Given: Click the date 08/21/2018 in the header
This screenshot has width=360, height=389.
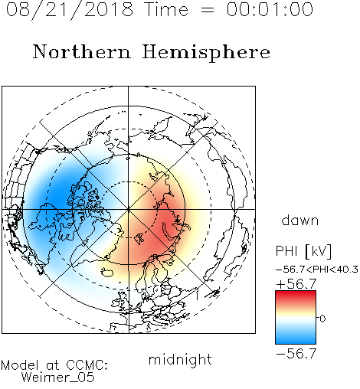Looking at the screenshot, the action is coord(70,10).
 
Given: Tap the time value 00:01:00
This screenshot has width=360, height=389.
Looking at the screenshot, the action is coord(270,9).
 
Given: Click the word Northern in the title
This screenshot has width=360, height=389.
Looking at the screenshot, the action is coord(82,51).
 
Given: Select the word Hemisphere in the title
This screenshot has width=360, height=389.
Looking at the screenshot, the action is coord(206,52).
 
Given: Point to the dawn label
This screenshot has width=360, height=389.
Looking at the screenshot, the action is coord(300,220).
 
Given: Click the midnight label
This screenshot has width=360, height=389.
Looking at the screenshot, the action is coord(180,360).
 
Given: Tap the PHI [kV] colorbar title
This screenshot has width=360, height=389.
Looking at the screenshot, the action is coord(304,251).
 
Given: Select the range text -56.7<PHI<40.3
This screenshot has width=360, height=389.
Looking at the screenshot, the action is coord(317,270).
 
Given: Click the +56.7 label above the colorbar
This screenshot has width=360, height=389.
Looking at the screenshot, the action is coord(296,284).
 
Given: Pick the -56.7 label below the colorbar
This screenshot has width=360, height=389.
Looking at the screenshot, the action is coord(296,354).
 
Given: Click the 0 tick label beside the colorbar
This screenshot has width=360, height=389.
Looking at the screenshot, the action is coord(322,319).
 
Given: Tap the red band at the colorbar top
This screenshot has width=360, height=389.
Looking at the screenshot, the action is coord(296,294).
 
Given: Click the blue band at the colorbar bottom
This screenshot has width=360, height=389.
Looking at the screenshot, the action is coord(296,340).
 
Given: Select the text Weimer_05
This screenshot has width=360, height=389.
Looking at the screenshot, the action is coord(58,378).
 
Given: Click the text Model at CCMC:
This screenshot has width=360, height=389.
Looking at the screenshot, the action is coord(54,365).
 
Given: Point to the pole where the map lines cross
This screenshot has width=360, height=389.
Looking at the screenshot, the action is coord(129,209).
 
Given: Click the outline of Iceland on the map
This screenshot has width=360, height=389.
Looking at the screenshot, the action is coord(107,272).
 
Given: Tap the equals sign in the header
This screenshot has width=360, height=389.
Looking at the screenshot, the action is coord(207,10).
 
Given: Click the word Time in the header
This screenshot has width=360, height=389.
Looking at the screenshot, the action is coord(166,9).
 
